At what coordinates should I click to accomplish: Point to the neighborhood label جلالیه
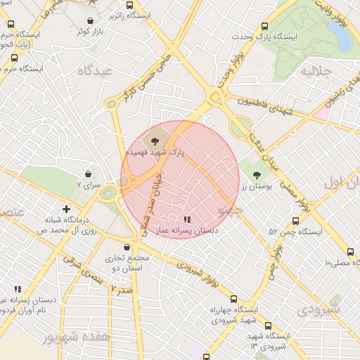pos(316,71)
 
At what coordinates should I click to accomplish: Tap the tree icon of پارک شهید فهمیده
pos(155,141)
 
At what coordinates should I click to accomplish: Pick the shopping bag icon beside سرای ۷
pos(89,174)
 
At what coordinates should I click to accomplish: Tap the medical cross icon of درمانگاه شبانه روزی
pos(66,209)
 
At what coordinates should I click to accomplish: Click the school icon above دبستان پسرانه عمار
pos(186,219)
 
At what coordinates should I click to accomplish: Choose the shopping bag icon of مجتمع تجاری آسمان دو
pos(127,247)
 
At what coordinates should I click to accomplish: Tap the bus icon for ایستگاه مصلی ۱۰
pos(351,252)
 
